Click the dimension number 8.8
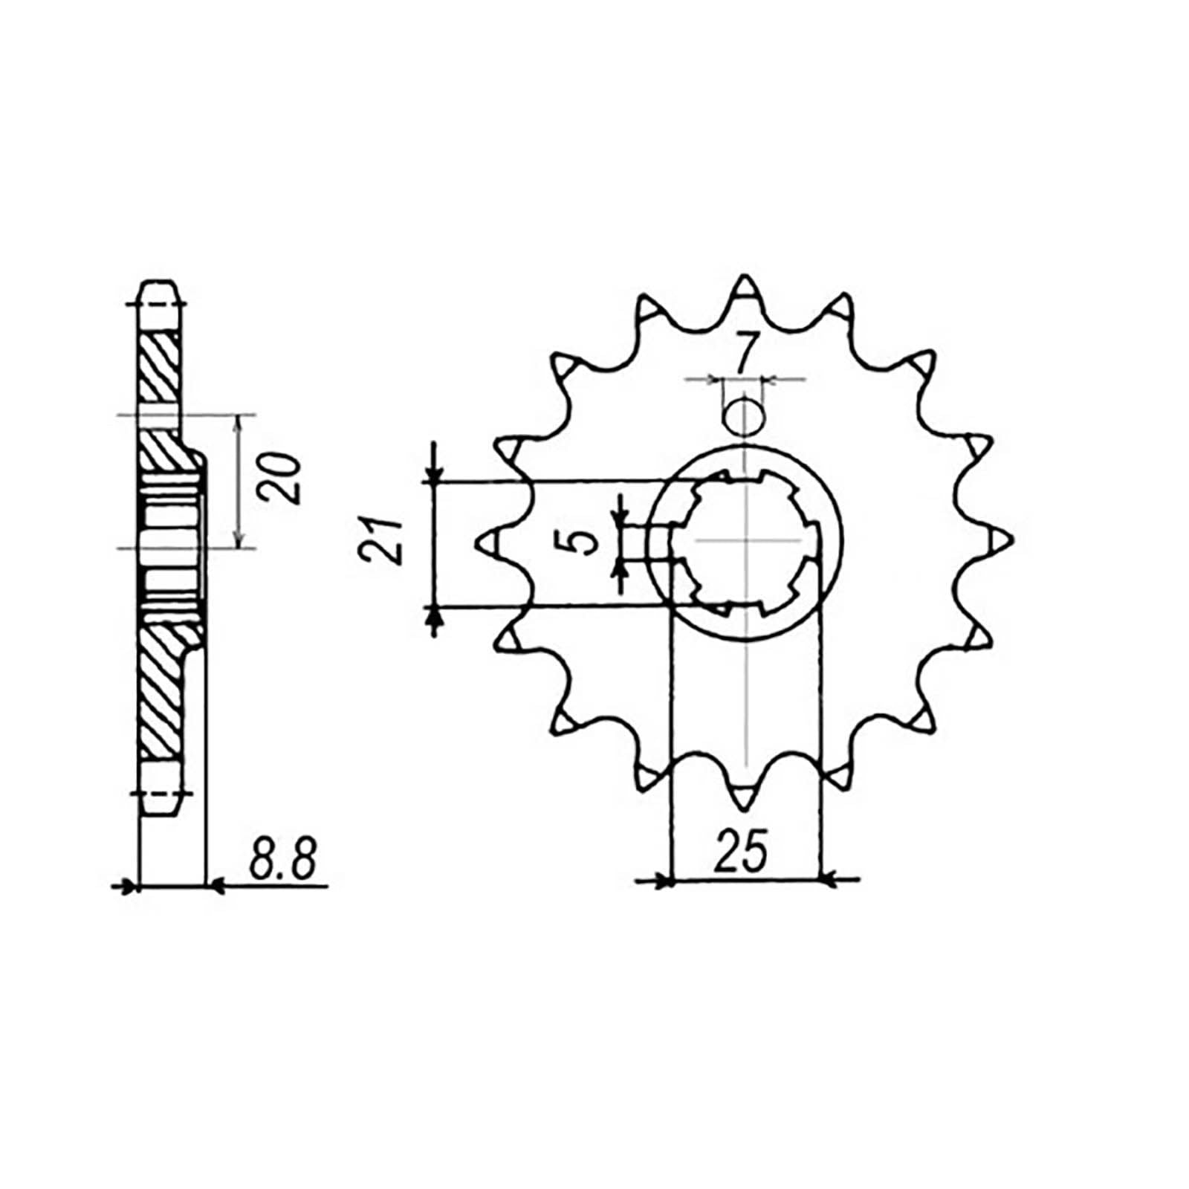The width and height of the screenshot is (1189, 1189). click(283, 858)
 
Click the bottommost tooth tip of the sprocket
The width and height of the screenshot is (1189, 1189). click(744, 801)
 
